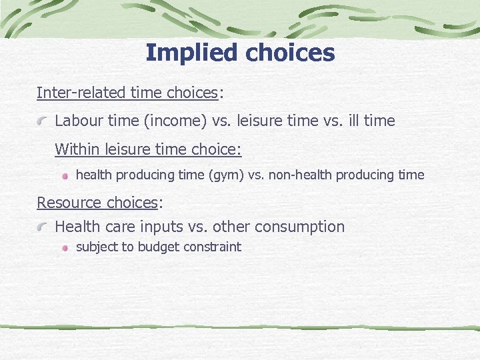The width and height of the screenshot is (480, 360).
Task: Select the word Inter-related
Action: coord(81,93)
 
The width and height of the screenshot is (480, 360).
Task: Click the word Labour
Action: coord(79,121)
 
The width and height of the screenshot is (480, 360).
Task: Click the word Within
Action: coord(76,149)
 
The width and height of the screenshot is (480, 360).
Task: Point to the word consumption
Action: coord(303,227)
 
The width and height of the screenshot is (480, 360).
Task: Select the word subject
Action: coord(97,247)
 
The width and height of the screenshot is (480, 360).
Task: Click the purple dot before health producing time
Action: coord(65,176)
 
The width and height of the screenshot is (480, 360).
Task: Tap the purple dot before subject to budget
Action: coord(65,247)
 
